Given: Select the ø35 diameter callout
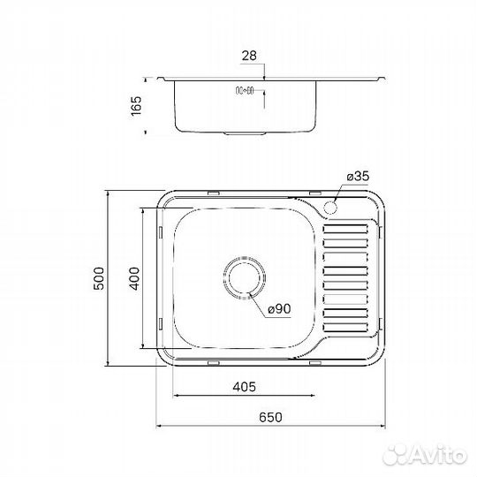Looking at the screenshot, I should pyautogui.click(x=357, y=178).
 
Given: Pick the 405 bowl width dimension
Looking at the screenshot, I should pyautogui.click(x=245, y=386).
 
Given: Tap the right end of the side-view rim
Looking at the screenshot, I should pyautogui.click(x=383, y=77).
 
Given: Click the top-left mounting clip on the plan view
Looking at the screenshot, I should pyautogui.click(x=212, y=192).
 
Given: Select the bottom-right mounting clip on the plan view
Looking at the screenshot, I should pyautogui.click(x=316, y=361).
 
